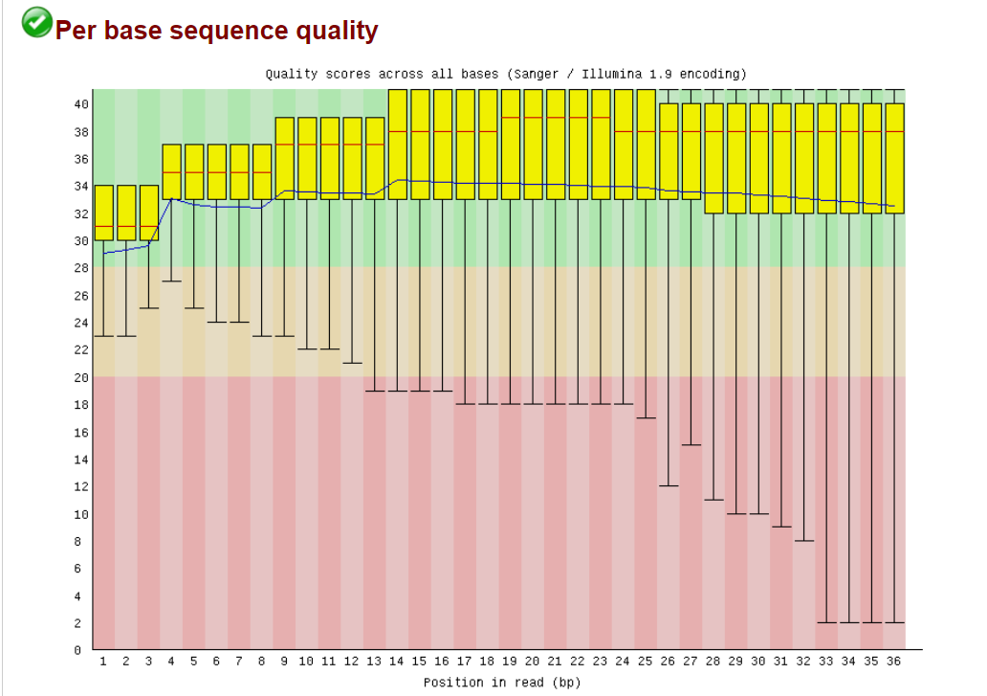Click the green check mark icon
(37, 22)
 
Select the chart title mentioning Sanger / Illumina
(505, 74)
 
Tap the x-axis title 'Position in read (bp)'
(502, 683)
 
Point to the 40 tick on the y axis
(83, 103)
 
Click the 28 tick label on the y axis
(83, 268)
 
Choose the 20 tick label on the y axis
(83, 377)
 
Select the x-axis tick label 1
(103, 661)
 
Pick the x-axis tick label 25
(647, 661)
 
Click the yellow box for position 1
(103, 213)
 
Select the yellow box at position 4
(171, 172)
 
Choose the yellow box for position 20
(534, 144)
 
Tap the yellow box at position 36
(895, 158)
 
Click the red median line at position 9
(284, 145)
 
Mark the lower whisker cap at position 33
(827, 622)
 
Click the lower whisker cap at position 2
(126, 336)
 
